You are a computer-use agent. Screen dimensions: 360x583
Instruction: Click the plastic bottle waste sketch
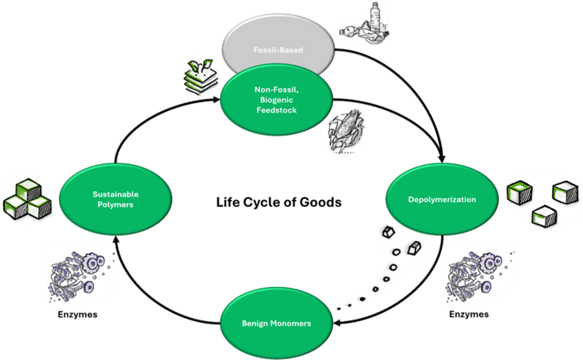pyautogui.click(x=367, y=24)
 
